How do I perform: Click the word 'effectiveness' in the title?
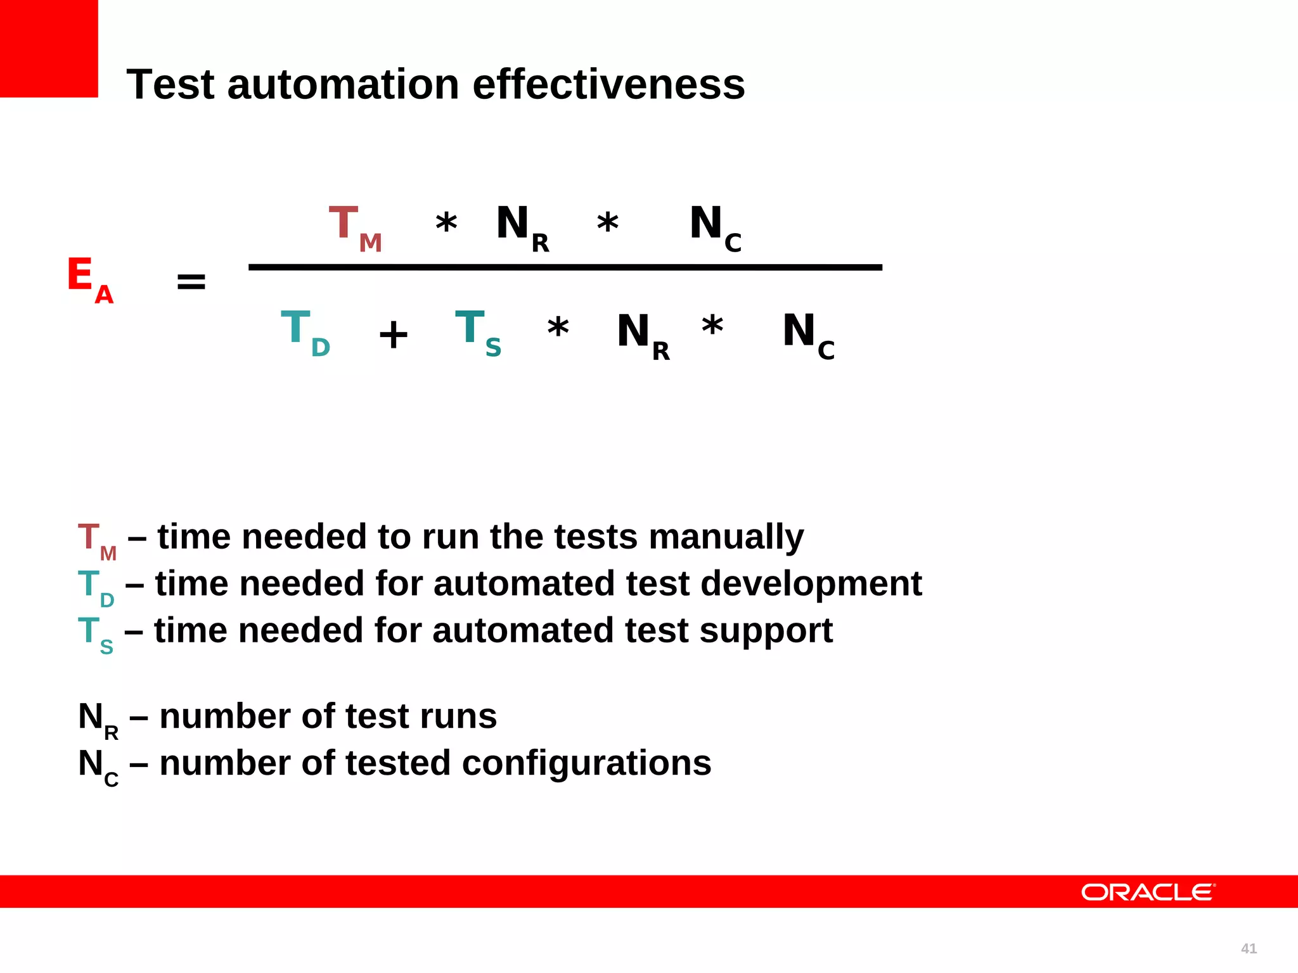[x=608, y=84]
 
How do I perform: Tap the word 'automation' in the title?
[x=343, y=84]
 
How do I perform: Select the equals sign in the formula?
[x=191, y=281]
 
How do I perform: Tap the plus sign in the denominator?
[x=393, y=334]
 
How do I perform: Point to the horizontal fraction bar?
[x=565, y=267]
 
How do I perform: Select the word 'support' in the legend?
[x=766, y=630]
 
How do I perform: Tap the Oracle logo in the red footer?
[x=1148, y=892]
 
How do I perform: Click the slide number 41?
[x=1249, y=948]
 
